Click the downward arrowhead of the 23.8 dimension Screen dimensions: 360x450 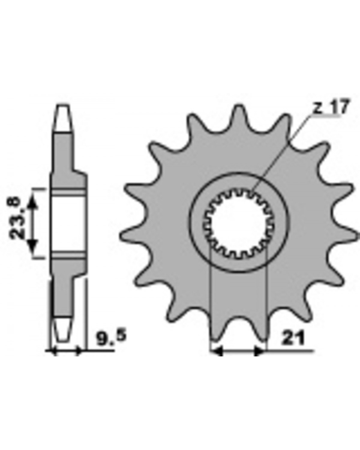click(x=33, y=246)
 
